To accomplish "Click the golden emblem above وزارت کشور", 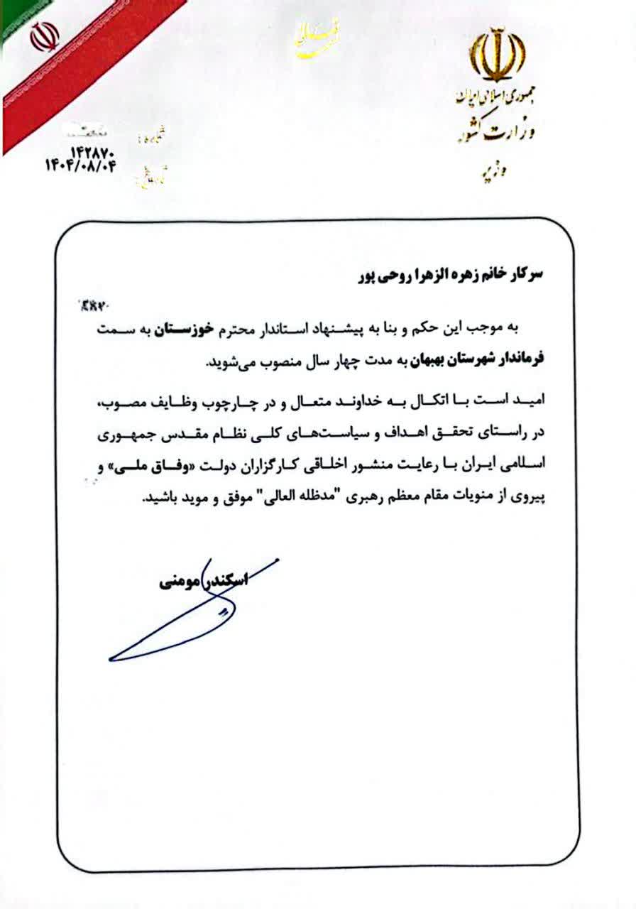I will click(498, 54).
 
